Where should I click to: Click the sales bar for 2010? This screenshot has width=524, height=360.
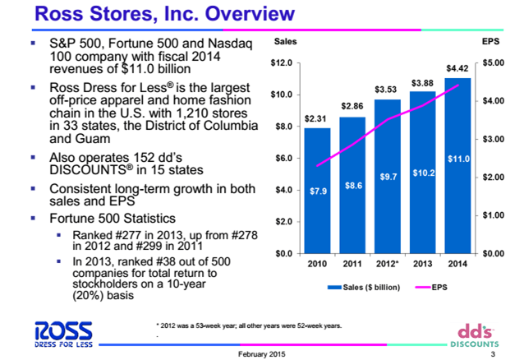point(317,197)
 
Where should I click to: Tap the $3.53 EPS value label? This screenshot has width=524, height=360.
point(386,88)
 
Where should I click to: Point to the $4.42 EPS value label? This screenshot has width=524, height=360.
point(457,67)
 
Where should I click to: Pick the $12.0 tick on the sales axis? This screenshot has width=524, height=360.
point(282,62)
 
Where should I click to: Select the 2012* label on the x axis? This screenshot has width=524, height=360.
point(388,265)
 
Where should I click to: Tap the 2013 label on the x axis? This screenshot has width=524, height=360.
point(422,265)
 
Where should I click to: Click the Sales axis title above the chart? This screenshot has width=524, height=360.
point(284,40)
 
